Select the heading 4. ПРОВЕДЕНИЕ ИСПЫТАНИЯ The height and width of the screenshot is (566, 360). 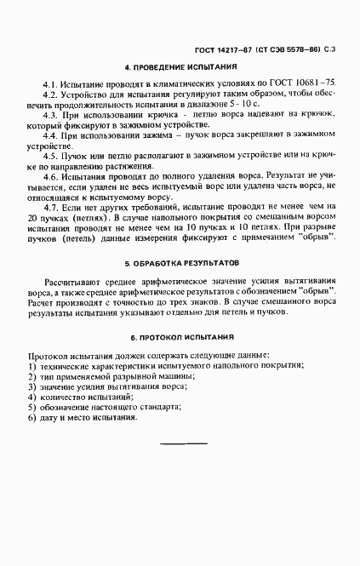tap(180, 66)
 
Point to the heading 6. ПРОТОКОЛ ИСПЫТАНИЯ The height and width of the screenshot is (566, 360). tap(180, 338)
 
